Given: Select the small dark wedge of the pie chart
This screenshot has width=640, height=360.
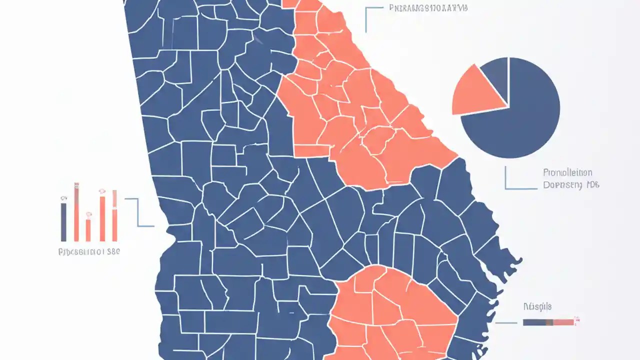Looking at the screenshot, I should coord(496,74).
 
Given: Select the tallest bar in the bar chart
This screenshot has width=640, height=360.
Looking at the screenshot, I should coord(76,212).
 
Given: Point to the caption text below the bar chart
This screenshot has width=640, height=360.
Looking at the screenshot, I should coord(89,252).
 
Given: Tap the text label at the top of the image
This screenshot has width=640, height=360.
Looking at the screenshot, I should coord(428,8).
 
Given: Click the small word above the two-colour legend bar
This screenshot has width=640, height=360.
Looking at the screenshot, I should coord(537,306).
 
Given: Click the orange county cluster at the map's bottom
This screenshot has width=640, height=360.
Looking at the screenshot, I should coord(390,310).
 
